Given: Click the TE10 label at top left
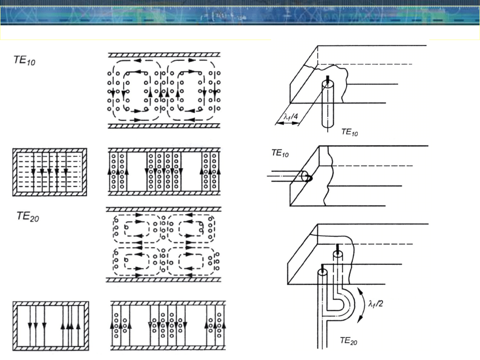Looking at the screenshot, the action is [24, 60].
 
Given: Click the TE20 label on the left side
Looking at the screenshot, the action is [28, 216].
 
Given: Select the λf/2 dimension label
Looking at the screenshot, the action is [376, 304].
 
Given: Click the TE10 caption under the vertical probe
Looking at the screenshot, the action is [350, 132].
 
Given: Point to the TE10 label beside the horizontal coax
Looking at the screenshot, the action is [280, 153].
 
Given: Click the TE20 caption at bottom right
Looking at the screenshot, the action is [349, 341].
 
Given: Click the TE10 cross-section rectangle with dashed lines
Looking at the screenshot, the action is [50, 172].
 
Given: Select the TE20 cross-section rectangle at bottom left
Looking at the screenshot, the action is [51, 326].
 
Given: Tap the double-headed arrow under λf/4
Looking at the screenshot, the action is [287, 123].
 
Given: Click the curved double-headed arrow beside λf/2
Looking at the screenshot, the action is [362, 305].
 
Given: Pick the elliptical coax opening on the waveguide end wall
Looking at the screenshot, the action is [306, 176].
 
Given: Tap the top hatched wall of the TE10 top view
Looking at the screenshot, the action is [164, 55].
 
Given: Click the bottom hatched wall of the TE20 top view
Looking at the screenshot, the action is [164, 280].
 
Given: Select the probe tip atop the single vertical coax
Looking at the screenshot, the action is [328, 80].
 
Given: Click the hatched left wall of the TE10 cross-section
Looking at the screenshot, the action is [15, 172].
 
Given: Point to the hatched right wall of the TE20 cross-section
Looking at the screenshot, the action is [87, 326].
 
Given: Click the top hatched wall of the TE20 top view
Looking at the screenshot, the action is [164, 209].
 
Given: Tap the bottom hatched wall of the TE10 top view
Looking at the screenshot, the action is [164, 126].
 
